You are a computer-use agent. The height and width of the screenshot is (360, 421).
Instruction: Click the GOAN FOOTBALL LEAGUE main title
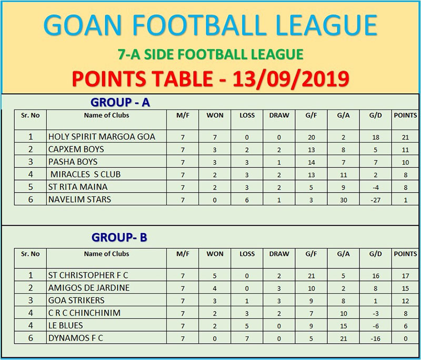[x=210, y=25]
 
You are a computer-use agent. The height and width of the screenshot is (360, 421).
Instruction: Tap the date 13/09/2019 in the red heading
[x=291, y=79]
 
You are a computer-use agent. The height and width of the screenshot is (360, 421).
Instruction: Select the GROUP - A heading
[x=120, y=102]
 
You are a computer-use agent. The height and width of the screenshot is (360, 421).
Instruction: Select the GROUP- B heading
[x=119, y=237]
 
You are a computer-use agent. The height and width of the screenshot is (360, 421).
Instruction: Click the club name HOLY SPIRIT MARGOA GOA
[x=102, y=137]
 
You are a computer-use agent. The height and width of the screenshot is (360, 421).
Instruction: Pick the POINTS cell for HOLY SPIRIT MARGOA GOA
[x=405, y=137]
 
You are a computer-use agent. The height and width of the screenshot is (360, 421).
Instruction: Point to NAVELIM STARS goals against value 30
[x=344, y=201]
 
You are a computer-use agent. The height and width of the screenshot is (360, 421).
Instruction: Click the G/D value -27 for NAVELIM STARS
[x=375, y=201]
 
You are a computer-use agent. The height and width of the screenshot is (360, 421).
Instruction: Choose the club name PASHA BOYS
[x=73, y=162]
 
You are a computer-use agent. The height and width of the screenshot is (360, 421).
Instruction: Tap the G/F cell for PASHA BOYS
[x=311, y=163]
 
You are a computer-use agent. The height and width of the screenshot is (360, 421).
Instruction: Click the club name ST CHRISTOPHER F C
[x=88, y=275]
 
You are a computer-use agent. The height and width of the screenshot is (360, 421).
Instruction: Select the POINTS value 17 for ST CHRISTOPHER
[x=405, y=276]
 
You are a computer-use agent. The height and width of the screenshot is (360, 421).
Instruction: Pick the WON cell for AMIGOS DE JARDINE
[x=215, y=288]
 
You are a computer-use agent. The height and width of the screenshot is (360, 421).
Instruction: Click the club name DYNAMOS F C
[x=75, y=338]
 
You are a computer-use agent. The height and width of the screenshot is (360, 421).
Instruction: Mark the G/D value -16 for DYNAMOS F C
[x=375, y=339]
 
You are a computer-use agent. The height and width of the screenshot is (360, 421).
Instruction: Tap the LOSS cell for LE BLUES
[x=247, y=326]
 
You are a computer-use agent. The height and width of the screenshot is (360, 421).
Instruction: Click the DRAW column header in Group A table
[x=279, y=115]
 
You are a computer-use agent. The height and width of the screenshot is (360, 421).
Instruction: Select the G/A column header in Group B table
[x=344, y=254]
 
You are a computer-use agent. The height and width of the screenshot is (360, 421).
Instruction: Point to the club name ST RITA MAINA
[x=78, y=187]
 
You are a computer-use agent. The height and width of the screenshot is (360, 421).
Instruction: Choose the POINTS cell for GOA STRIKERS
[x=405, y=301]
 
